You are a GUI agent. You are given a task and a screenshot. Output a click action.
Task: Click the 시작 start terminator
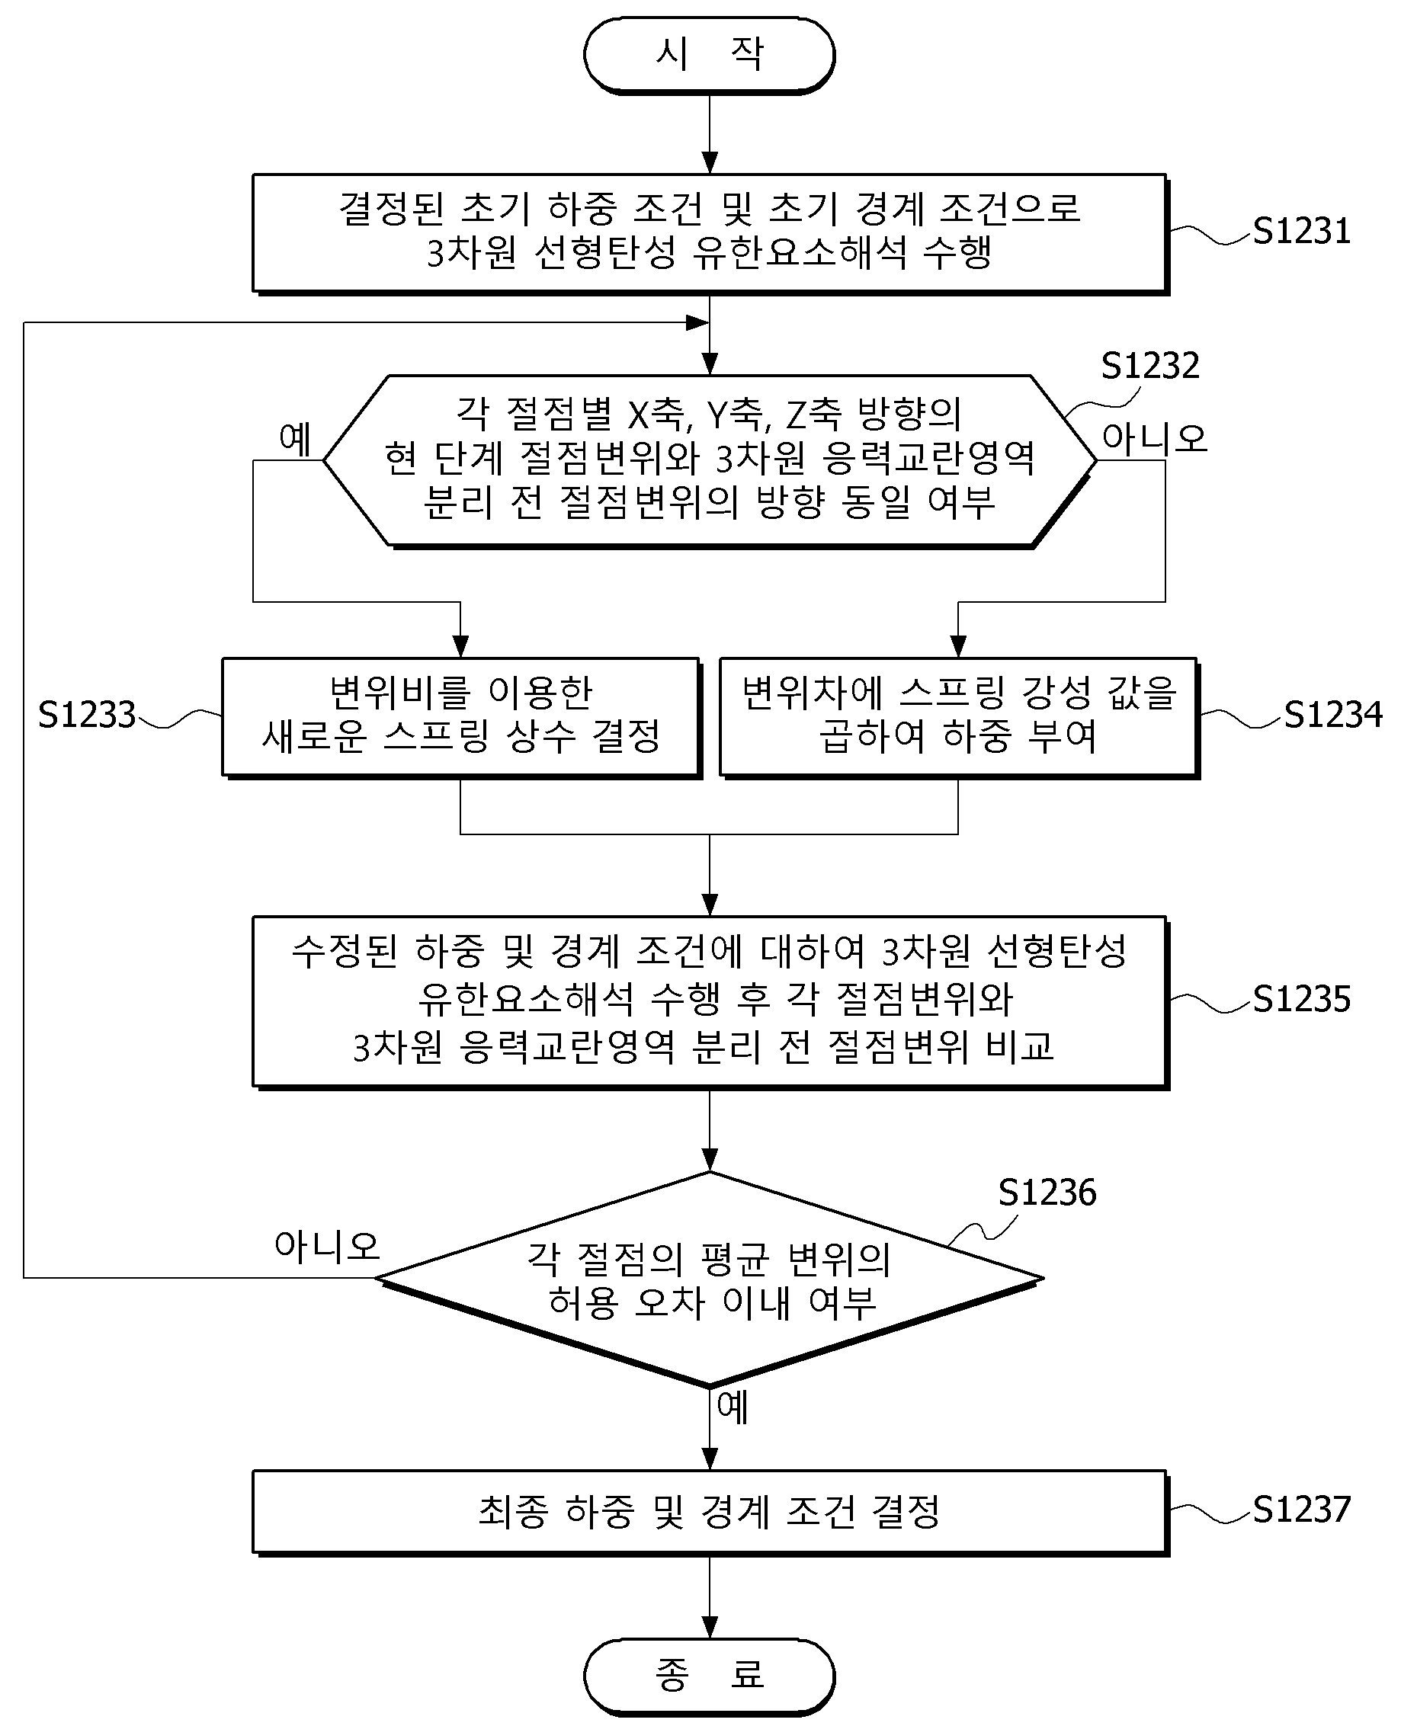(x=710, y=56)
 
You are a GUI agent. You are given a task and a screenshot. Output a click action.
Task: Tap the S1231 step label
(x=1301, y=232)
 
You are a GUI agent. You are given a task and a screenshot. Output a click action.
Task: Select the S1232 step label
(x=1150, y=367)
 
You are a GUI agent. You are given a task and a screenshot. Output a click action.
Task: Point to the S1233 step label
(x=87, y=715)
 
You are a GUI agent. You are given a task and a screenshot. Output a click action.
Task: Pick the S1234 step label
(x=1333, y=715)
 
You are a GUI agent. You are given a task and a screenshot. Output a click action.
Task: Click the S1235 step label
(x=1301, y=1000)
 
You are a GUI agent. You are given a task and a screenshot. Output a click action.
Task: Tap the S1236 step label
(x=1047, y=1193)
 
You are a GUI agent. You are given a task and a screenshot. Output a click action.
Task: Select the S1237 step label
(x=1301, y=1509)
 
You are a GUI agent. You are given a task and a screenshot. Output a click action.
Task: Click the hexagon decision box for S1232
(x=710, y=461)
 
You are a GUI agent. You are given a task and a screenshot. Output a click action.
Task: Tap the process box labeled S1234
(x=958, y=717)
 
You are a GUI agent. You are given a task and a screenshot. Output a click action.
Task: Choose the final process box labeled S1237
(x=710, y=1512)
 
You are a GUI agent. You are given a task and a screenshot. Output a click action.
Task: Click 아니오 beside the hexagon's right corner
(x=1155, y=439)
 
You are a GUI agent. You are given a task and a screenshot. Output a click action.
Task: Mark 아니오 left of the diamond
(x=327, y=1246)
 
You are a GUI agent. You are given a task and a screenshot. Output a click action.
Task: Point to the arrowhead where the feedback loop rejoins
(x=697, y=323)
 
